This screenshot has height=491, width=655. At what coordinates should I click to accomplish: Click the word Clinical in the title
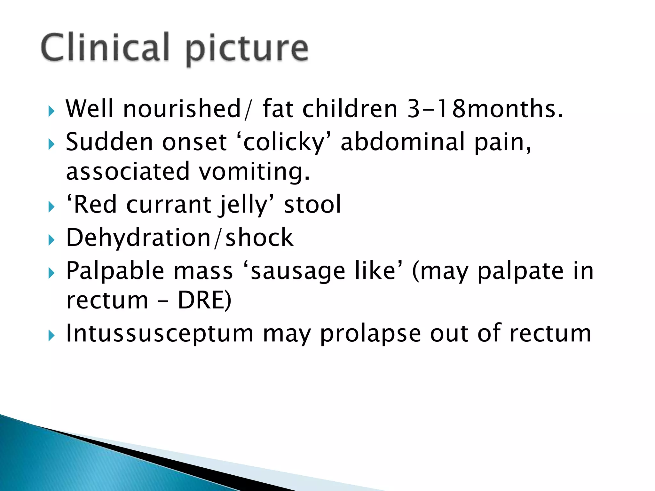(x=105, y=48)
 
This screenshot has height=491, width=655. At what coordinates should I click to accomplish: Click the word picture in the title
(x=247, y=50)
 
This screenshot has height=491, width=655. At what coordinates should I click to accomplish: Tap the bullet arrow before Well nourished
(x=51, y=112)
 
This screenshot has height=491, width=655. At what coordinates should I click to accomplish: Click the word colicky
(x=284, y=142)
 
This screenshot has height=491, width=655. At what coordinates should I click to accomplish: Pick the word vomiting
(x=254, y=172)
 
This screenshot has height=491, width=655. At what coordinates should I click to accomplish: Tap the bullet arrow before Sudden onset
(x=51, y=145)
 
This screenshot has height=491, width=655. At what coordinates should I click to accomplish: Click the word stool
(x=312, y=205)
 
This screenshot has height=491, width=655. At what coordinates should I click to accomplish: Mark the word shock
(x=259, y=238)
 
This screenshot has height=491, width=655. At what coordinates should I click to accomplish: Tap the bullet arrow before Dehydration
(x=51, y=241)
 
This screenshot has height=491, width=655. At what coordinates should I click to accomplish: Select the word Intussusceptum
(x=160, y=334)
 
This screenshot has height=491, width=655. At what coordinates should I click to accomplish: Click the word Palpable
(x=115, y=271)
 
